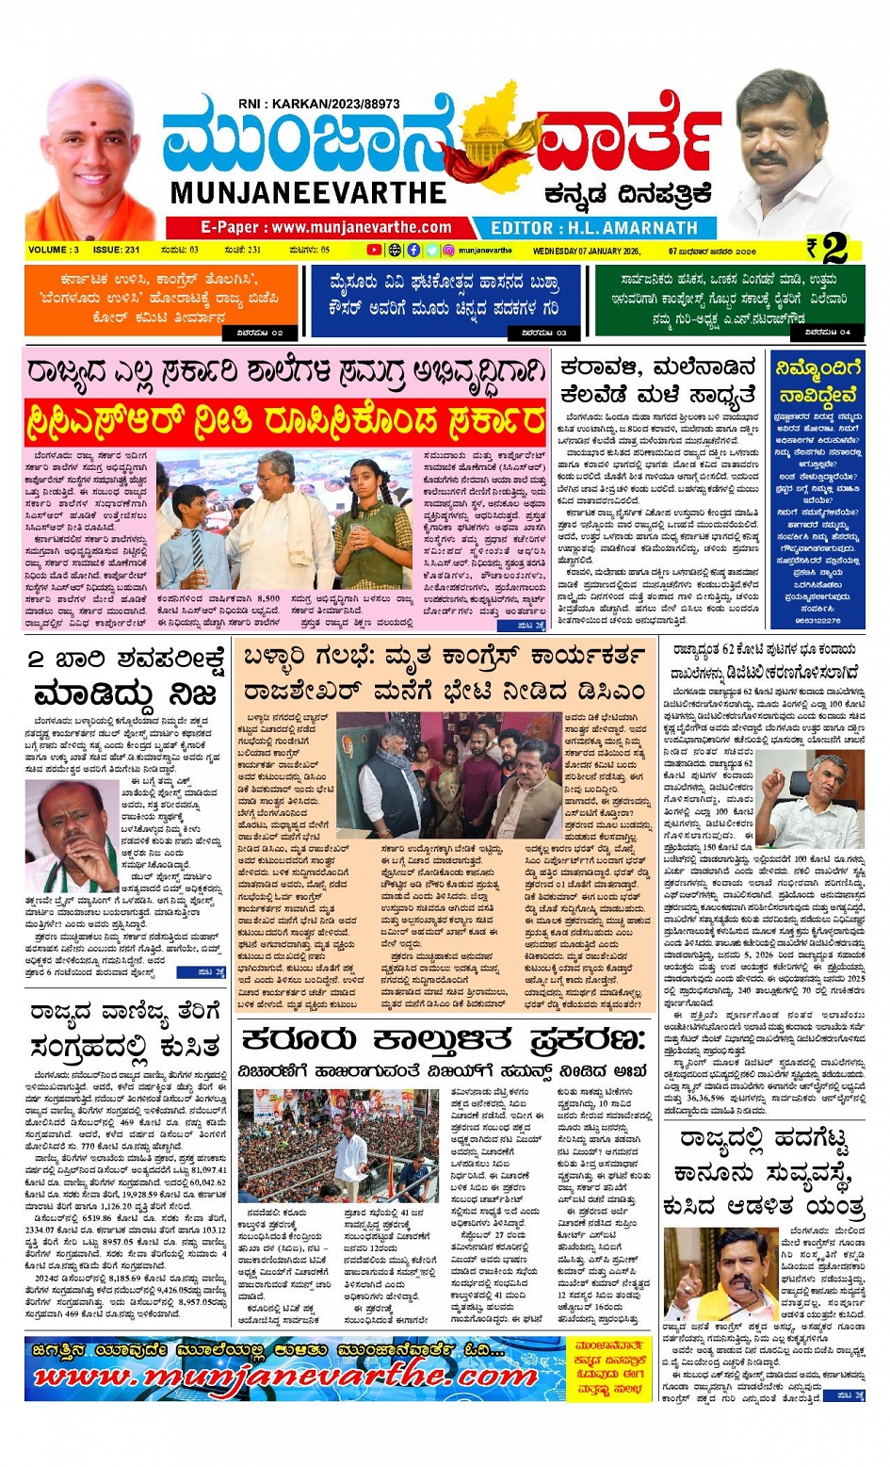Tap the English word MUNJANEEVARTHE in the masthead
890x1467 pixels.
pyautogui.click(x=308, y=193)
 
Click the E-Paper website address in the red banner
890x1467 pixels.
pyautogui.click(x=325, y=227)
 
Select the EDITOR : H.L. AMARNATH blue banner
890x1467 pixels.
pyautogui.click(x=594, y=227)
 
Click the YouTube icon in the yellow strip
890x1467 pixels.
pyautogui.click(x=374, y=251)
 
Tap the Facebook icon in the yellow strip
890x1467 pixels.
pyautogui.click(x=413, y=251)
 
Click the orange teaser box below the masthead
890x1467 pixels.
pyautogui.click(x=160, y=300)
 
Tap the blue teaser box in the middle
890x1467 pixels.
pyautogui.click(x=445, y=300)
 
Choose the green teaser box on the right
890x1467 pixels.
pyautogui.click(x=729, y=300)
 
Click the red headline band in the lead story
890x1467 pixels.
pyautogui.click(x=285, y=418)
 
